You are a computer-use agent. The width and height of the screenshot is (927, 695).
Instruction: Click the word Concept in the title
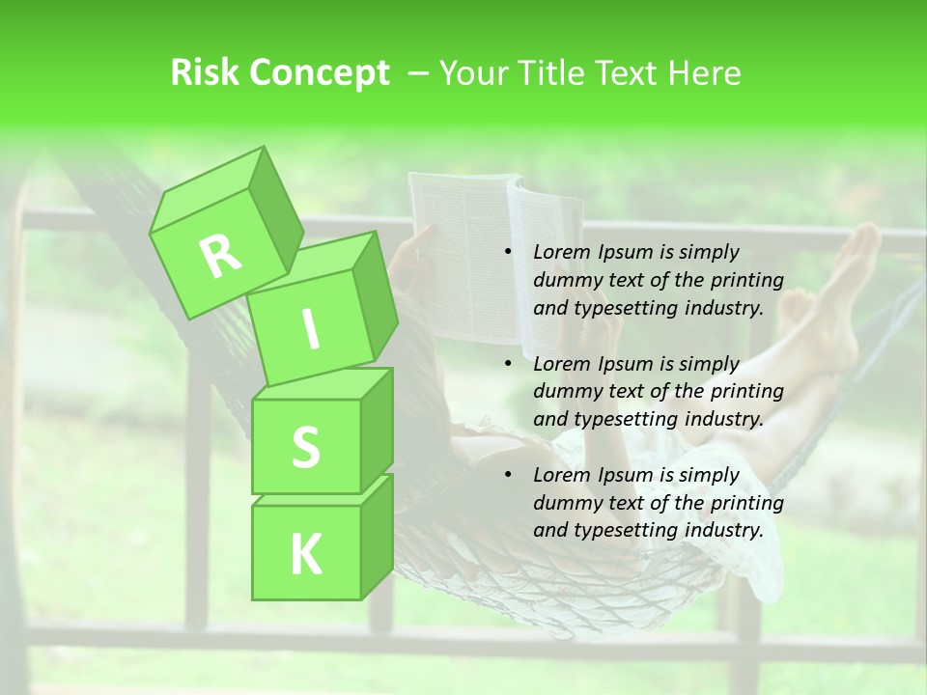[x=323, y=74]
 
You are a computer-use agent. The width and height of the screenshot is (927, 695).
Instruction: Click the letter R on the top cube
[x=221, y=256]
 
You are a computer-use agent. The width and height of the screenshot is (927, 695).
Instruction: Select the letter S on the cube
[x=305, y=447]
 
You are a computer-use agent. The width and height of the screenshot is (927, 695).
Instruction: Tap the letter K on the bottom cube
[x=305, y=554]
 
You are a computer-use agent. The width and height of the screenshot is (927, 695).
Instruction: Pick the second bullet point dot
[x=508, y=364]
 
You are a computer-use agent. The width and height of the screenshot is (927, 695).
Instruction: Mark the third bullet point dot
[x=508, y=475]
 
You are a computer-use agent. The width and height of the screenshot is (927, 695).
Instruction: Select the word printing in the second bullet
[x=744, y=391]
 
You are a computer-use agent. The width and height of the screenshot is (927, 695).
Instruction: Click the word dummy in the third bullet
[x=565, y=503]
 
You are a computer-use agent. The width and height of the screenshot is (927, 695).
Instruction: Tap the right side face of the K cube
[x=377, y=536]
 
